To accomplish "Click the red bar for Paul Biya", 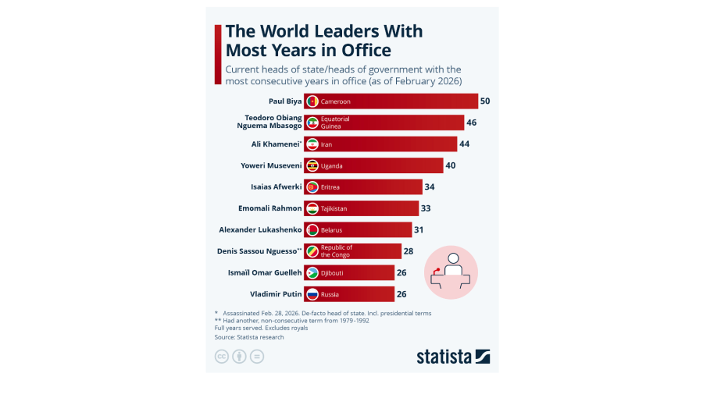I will click(x=391, y=101).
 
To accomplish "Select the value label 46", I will click(x=472, y=123).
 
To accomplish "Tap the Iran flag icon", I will click(x=312, y=144).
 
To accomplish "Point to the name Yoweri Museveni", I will click(x=271, y=165).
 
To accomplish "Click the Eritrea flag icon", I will click(x=312, y=187).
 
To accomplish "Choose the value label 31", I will click(x=419, y=229).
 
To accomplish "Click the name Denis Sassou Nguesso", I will click(x=259, y=251).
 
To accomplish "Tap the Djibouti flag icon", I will click(x=312, y=272).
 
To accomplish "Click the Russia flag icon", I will click(x=312, y=294).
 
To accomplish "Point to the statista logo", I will click(x=453, y=357).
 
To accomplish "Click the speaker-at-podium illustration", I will click(x=451, y=272).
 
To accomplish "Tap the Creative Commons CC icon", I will click(x=221, y=357).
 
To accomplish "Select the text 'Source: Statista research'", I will click(x=249, y=337).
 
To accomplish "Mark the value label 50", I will click(x=485, y=101).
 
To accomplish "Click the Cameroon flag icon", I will click(x=312, y=101).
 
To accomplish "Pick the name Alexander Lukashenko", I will click(x=260, y=229).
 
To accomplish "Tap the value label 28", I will click(x=409, y=251).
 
